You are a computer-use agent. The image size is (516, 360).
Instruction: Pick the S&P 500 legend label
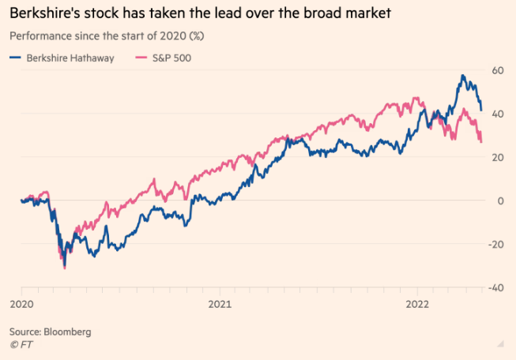pos(174,58)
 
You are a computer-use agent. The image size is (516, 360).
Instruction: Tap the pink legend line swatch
pos(143,58)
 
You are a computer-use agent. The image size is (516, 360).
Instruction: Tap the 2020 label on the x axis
pos(21,304)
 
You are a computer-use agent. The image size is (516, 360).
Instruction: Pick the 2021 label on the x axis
pos(219,304)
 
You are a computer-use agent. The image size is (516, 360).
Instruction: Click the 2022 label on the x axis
pos(417,304)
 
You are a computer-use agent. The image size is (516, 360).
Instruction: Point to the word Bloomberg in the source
pos(67,332)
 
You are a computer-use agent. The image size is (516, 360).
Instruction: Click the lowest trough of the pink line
pos(64,268)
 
